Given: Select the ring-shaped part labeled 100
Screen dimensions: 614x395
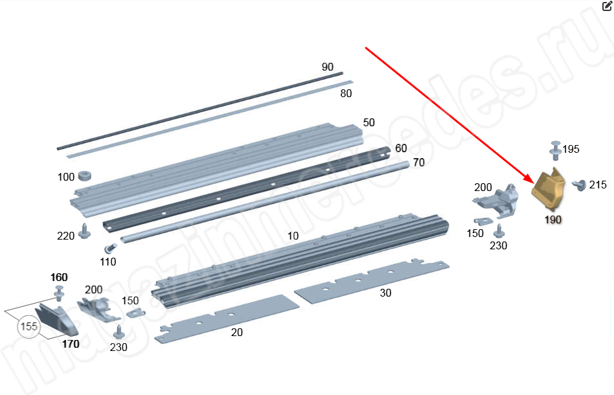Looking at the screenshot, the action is coord(85,175).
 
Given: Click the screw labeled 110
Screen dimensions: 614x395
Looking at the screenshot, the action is coord(110,248).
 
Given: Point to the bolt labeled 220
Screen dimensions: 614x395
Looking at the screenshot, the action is coord(84,231).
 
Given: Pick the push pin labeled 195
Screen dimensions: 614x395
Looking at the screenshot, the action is coord(555,150).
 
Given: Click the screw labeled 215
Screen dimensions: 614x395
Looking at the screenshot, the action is coord(578,185).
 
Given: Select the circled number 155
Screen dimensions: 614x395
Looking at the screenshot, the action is coord(28,326).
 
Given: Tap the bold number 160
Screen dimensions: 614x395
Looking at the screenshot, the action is coord(59,277).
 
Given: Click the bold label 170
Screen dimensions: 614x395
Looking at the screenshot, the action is coord(71,344).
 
